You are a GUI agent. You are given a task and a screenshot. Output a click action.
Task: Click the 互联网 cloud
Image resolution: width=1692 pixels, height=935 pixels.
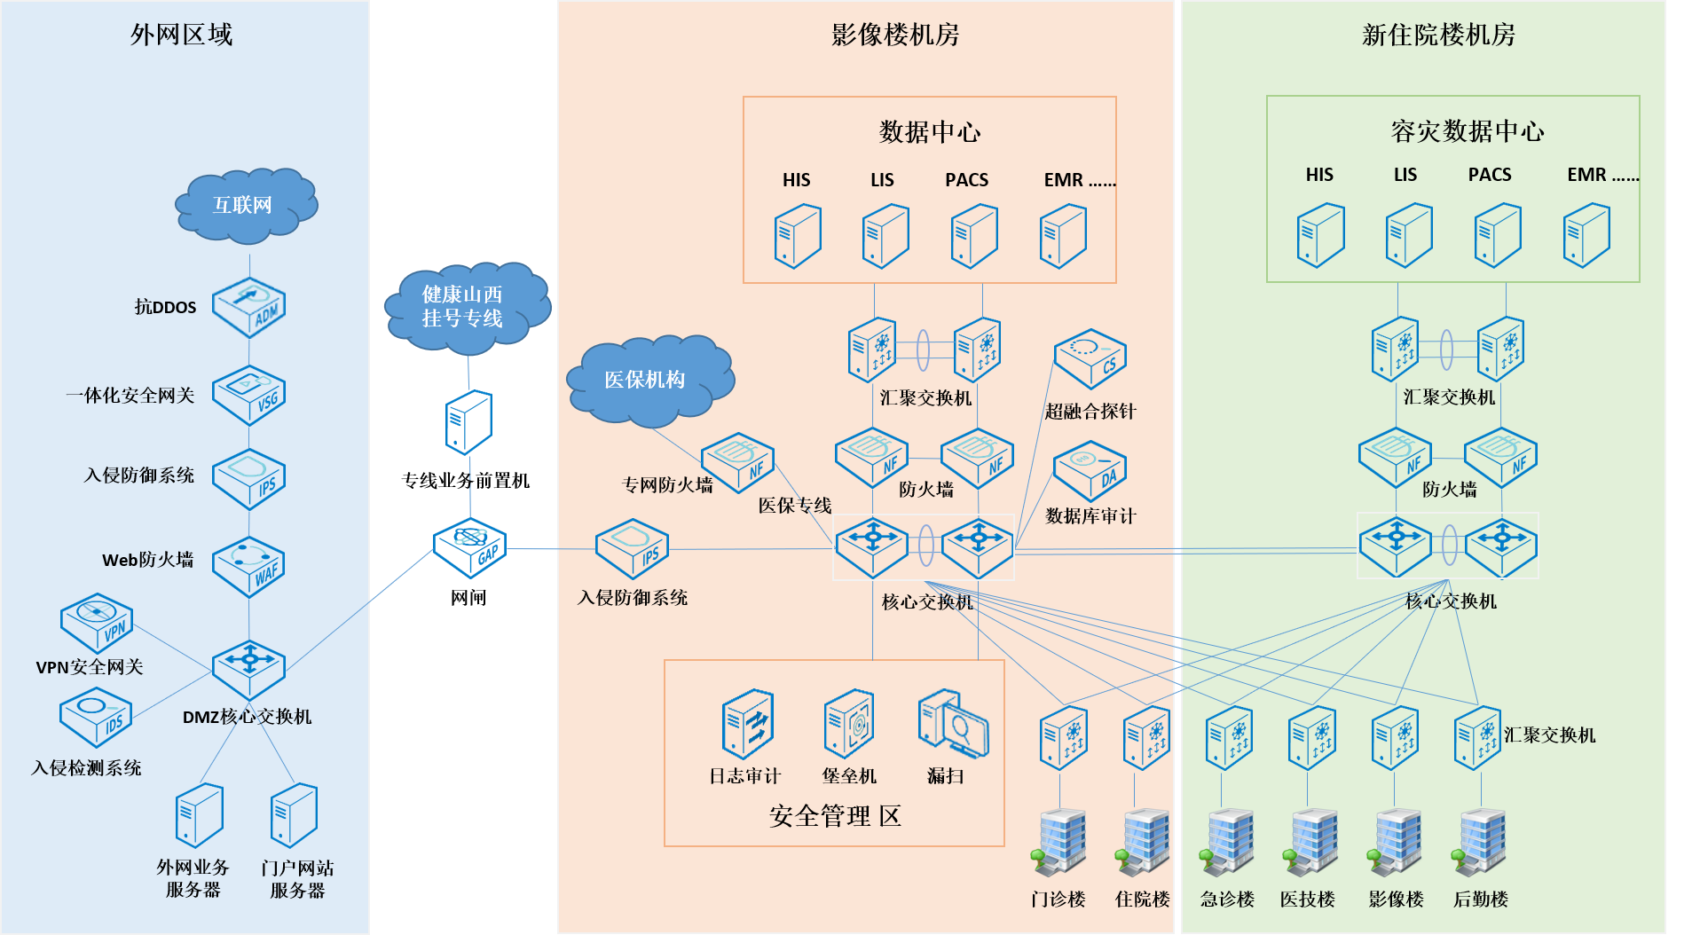[x=245, y=205]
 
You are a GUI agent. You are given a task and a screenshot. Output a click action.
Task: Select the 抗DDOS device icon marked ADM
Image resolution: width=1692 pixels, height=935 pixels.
[x=249, y=308]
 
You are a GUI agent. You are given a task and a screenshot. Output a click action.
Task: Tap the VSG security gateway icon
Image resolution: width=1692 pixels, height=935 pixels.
[x=249, y=396]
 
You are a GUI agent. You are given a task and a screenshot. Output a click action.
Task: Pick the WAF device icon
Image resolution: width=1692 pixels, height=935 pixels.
[x=249, y=566]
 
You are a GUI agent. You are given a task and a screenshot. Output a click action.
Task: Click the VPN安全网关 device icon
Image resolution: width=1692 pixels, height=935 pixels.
[x=96, y=623]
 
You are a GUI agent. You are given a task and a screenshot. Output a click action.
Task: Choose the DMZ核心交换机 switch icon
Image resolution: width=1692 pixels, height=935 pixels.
[x=249, y=669]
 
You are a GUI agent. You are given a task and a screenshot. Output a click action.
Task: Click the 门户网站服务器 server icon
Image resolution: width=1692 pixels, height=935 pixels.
[x=295, y=815]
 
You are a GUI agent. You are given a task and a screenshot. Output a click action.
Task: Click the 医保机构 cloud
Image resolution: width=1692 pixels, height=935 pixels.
[x=649, y=380]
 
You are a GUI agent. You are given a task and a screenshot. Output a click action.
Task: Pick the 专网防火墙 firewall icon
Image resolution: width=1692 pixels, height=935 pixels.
[x=737, y=462]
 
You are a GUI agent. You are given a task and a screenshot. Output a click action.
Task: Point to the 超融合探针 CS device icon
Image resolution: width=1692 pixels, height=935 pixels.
[x=1090, y=358]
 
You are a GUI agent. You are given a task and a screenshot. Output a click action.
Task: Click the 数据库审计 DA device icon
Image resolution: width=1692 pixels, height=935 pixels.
[x=1090, y=471]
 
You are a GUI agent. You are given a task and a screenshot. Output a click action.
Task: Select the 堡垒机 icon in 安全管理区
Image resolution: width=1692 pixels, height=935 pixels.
[x=849, y=723]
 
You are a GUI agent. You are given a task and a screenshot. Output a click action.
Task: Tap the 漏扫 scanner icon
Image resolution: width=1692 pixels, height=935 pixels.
[x=952, y=723]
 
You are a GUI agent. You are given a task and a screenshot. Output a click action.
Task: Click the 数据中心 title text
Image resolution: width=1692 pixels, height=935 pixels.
[x=929, y=132]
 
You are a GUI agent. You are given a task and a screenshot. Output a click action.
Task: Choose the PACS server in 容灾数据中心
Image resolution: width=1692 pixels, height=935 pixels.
[x=1498, y=235]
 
